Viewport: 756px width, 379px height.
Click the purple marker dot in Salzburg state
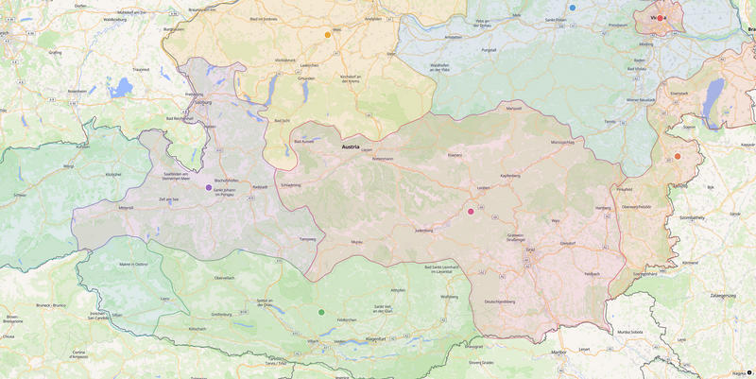tap(209, 187)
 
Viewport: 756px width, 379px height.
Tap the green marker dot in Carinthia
tap(321, 312)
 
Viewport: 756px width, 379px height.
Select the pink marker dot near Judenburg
tap(471, 212)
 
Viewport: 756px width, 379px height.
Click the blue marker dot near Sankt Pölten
tap(572, 8)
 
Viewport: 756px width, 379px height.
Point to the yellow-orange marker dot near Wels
tap(328, 35)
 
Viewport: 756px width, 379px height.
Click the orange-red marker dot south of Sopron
tap(678, 156)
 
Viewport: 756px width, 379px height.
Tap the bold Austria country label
tap(354, 147)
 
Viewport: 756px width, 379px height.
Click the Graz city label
tap(530, 250)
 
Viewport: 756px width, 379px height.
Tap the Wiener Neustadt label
tap(641, 99)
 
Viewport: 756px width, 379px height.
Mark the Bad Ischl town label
tap(282, 121)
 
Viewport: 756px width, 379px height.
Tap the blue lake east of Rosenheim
tap(121, 88)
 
